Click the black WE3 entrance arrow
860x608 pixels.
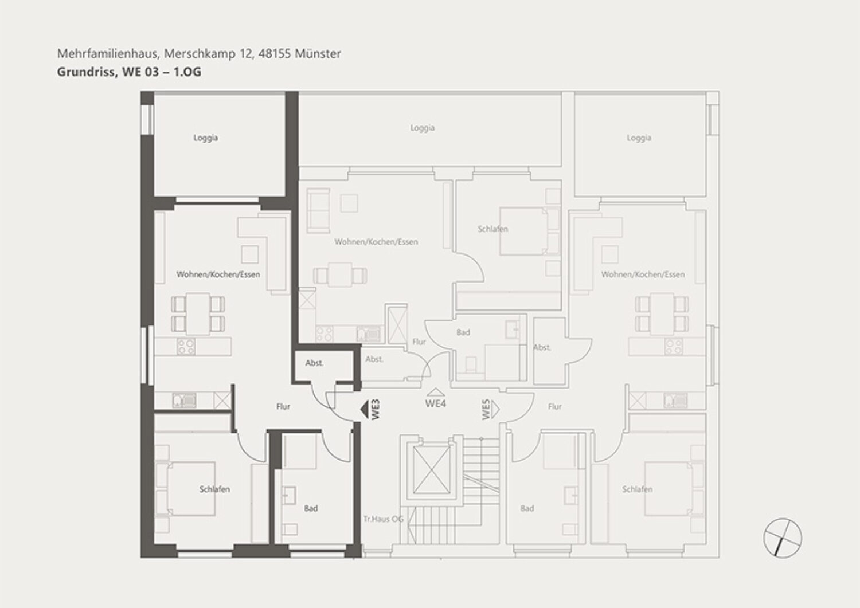364,409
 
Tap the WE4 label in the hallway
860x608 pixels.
436,404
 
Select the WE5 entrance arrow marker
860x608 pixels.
494,409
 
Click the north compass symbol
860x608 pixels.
783,537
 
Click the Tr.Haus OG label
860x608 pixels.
384,519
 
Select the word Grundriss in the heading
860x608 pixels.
87,72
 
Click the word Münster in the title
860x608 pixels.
318,54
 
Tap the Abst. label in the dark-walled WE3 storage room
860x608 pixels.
314,363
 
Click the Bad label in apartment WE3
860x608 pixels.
311,509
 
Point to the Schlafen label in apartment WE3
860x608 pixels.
214,489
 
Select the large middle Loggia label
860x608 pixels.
423,128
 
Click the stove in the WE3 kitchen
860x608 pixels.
186,347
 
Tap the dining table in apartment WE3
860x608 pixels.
198,314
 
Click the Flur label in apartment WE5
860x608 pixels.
555,406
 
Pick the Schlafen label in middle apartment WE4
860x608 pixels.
493,229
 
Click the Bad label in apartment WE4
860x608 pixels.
463,332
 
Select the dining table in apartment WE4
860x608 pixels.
340,274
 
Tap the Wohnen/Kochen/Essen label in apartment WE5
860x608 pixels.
643,274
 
